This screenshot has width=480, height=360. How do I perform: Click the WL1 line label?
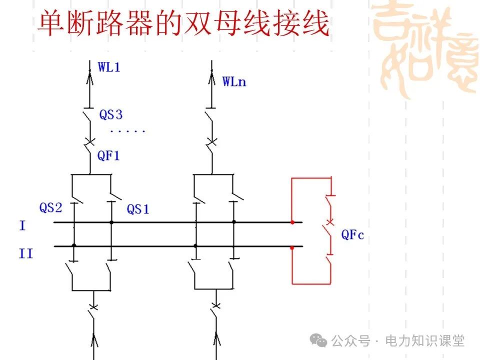[x=108, y=67]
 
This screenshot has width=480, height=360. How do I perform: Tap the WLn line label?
[x=234, y=81]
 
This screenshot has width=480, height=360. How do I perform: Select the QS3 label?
[x=110, y=115]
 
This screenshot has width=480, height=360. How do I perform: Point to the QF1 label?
[x=108, y=156]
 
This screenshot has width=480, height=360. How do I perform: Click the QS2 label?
[x=50, y=208]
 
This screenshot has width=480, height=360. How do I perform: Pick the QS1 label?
[x=137, y=209]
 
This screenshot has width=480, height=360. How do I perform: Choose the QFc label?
[x=352, y=234]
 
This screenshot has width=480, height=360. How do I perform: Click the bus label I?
[x=22, y=226]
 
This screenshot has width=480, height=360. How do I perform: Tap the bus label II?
[x=26, y=254]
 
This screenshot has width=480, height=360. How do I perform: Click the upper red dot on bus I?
[x=292, y=221]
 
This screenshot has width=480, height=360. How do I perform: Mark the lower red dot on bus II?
[x=292, y=246]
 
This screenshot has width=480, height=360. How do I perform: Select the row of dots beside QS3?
[x=127, y=131]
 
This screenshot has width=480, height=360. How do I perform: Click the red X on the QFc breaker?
[x=329, y=221]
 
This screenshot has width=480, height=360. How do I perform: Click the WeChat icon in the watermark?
[x=318, y=340]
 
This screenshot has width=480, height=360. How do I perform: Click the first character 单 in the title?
[x=51, y=24]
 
